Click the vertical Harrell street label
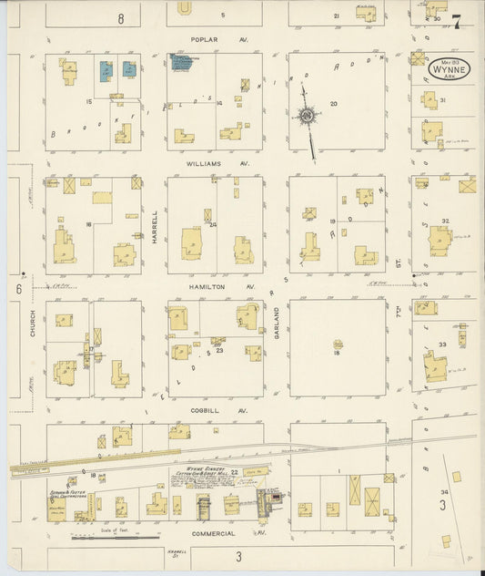[x=155, y=226]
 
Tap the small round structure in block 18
[x=338, y=345]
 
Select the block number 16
[x=88, y=223]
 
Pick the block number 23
[x=220, y=350]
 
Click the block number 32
[x=444, y=221]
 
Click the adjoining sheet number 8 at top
[x=120, y=17]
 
